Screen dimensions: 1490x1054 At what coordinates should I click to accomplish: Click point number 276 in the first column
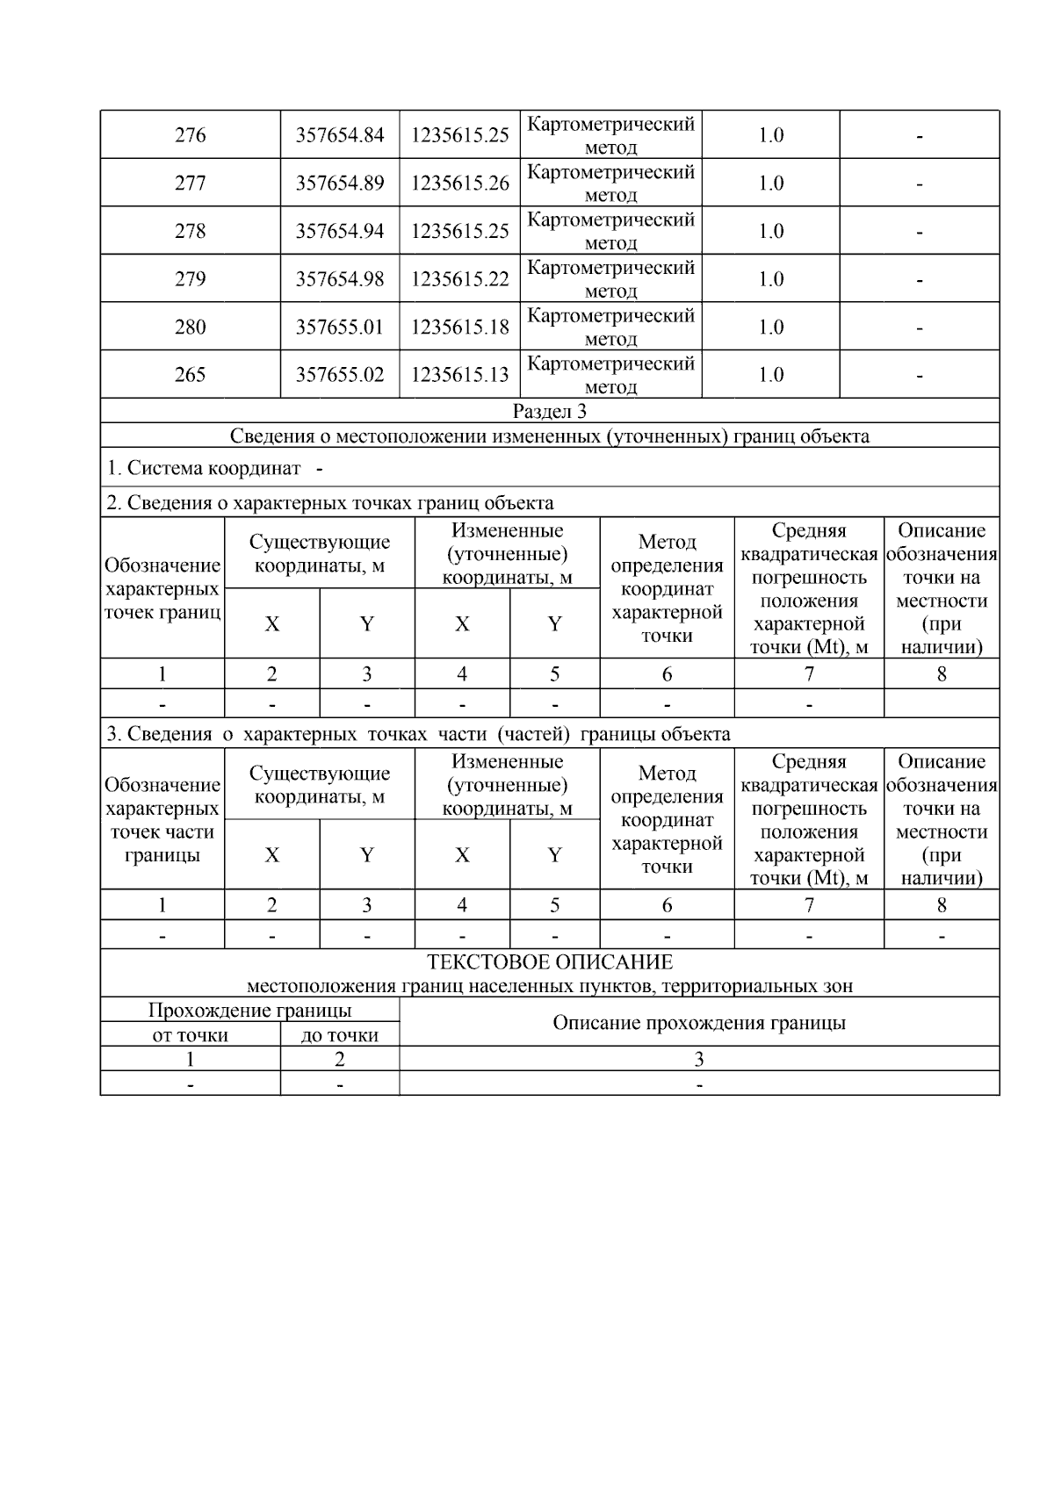tap(190, 135)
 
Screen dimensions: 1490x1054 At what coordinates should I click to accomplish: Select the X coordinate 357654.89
tap(339, 183)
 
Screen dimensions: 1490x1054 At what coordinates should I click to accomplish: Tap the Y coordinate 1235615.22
tap(459, 279)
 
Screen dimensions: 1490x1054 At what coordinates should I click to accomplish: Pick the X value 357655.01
tap(339, 328)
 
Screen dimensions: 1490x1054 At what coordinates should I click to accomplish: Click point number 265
tap(190, 375)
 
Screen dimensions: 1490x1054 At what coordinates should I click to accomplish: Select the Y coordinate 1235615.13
tap(459, 375)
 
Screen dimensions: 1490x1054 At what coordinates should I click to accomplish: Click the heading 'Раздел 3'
tap(549, 411)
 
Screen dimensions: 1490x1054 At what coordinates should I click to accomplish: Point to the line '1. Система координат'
tap(204, 468)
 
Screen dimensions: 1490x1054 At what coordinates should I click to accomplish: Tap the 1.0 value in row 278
tap(770, 231)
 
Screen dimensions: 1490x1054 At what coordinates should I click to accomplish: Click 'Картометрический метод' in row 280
tap(610, 327)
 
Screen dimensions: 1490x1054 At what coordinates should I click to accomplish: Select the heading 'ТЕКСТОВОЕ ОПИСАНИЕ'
tap(549, 962)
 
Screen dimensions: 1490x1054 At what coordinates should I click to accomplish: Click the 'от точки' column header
tap(190, 1035)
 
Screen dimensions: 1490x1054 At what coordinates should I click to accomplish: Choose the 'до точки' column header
tap(339, 1035)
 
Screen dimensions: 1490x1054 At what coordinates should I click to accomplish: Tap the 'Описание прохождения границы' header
tap(698, 1023)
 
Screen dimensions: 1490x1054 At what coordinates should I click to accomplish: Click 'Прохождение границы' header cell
tap(249, 1011)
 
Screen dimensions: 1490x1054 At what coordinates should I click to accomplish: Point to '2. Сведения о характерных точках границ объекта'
tap(329, 503)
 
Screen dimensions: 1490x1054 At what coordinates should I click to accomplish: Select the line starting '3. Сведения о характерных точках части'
tap(417, 734)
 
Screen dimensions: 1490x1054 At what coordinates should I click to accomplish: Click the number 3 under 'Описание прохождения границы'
tap(698, 1060)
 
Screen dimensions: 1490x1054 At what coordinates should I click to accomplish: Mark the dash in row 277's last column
tap(919, 184)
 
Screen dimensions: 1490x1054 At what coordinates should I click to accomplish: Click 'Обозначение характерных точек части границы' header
tap(162, 820)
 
